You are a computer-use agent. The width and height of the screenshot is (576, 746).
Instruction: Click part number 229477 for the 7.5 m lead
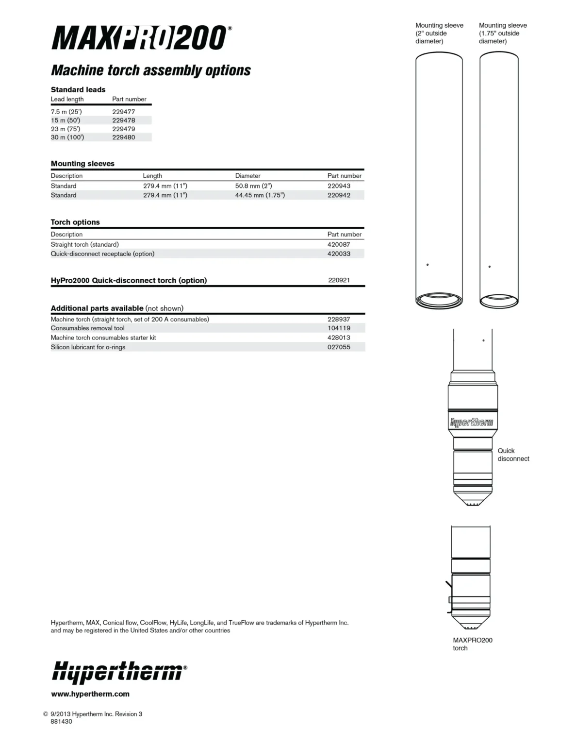tap(123, 112)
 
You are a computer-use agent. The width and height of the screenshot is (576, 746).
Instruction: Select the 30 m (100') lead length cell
tap(67, 137)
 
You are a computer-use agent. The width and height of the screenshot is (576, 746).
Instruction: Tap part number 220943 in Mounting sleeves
tap(339, 186)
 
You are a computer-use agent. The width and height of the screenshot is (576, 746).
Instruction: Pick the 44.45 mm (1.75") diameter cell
tap(260, 195)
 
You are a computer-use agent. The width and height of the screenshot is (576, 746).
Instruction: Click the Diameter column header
tap(247, 176)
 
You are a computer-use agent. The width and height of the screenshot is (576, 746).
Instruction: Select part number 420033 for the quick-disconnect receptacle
tap(339, 254)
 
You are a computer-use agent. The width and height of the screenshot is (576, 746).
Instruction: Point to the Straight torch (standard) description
tap(84, 244)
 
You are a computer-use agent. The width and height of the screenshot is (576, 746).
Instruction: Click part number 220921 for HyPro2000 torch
tap(339, 280)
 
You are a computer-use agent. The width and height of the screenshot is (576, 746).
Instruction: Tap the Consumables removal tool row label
tap(87, 328)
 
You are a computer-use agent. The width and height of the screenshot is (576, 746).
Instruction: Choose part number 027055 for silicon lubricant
tap(339, 347)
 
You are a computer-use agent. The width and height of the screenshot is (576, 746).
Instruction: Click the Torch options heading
tap(75, 222)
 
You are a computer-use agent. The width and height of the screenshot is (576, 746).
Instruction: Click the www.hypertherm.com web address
tap(90, 694)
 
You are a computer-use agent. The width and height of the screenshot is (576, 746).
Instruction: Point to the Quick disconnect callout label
tap(513, 455)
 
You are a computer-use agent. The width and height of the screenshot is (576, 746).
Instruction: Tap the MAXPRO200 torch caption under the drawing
tap(472, 644)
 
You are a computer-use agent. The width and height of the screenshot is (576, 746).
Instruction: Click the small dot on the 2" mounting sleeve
tap(428, 265)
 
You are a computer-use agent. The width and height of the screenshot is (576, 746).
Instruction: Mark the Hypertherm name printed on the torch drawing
tap(472, 422)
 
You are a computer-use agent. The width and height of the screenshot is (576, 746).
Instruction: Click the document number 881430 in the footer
tap(61, 722)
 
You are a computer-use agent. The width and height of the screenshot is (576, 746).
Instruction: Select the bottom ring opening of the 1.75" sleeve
tap(499, 301)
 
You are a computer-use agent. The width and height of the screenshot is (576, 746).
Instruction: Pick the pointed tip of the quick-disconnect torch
tap(473, 504)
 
